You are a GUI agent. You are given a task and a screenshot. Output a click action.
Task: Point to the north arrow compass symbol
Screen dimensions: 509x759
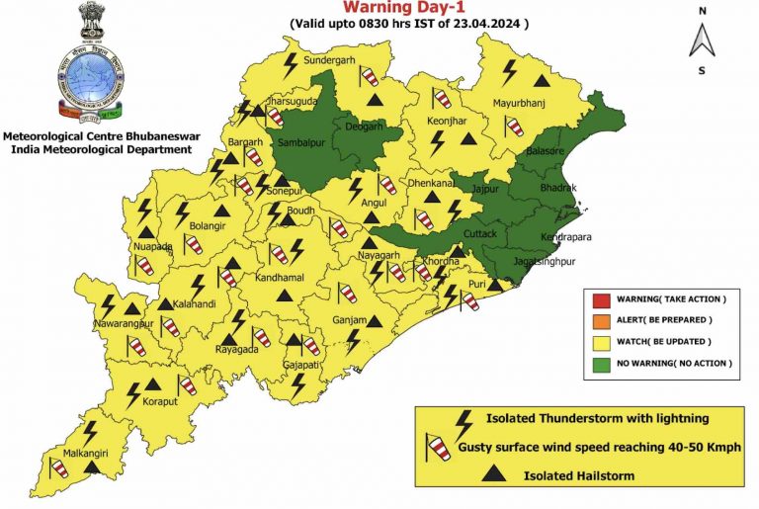pyautogui.click(x=702, y=40)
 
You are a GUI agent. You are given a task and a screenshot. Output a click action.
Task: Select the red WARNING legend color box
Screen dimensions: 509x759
pyautogui.click(x=600, y=298)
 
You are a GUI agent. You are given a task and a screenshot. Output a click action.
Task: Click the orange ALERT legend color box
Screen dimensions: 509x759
pyautogui.click(x=600, y=320)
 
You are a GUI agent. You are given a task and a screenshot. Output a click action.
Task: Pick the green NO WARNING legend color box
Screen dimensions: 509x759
pyautogui.click(x=600, y=364)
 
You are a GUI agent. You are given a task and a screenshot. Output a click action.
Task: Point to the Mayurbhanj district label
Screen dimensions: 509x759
pyautogui.click(x=520, y=103)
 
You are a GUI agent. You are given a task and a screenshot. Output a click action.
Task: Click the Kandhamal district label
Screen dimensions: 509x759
pyautogui.click(x=283, y=279)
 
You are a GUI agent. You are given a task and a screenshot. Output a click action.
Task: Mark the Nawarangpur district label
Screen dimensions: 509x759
pyautogui.click(x=123, y=323)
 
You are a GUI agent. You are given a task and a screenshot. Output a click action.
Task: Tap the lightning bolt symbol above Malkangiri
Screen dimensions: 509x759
pyautogui.click(x=90, y=431)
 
